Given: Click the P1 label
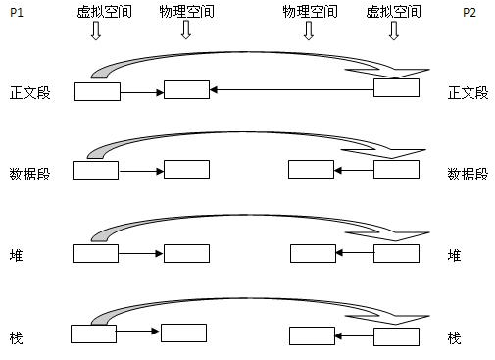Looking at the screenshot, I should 15,14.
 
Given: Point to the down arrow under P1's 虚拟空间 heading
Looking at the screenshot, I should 95,31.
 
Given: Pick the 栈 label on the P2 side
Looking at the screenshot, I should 454,337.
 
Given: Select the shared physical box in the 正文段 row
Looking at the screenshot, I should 186,90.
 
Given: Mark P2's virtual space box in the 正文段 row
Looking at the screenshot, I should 396,89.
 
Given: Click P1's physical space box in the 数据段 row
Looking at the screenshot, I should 186,171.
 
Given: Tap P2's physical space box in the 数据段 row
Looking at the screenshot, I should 311,169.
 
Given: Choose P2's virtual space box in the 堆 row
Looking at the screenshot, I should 396,254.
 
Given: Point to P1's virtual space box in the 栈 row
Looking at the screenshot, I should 94,334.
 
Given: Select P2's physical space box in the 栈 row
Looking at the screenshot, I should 313,336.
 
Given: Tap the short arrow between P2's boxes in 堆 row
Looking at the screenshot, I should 355,254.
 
